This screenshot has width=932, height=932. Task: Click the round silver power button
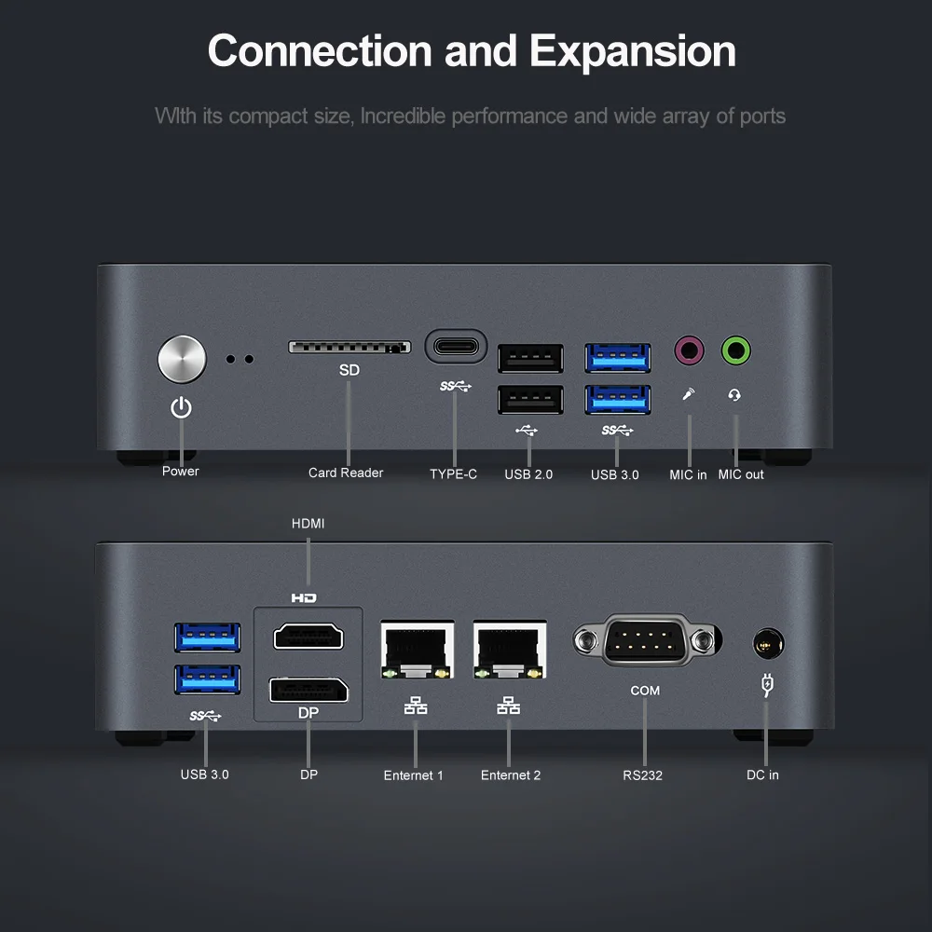click(182, 360)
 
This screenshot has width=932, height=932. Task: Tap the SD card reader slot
click(349, 347)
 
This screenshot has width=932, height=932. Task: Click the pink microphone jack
click(689, 351)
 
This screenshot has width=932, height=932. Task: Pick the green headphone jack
click(736, 351)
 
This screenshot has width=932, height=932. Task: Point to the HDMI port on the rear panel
click(308, 637)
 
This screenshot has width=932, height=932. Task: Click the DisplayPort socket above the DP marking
click(308, 691)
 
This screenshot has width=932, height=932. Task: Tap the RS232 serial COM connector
click(645, 640)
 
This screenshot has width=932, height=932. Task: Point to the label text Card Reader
click(346, 473)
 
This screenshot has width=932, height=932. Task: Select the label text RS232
click(643, 774)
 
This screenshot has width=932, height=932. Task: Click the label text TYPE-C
click(453, 474)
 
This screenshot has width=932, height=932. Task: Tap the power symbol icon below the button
click(181, 407)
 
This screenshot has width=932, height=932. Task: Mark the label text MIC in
click(688, 474)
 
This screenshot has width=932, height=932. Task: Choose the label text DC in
click(762, 774)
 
